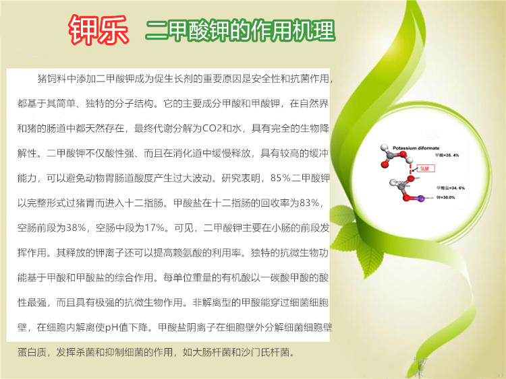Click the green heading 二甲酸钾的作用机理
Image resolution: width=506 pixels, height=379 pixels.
(240, 31)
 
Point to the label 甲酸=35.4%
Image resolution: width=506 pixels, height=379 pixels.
(447, 156)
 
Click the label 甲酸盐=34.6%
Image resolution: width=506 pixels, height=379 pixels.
(451, 187)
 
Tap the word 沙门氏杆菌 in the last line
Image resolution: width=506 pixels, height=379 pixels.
(264, 352)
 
